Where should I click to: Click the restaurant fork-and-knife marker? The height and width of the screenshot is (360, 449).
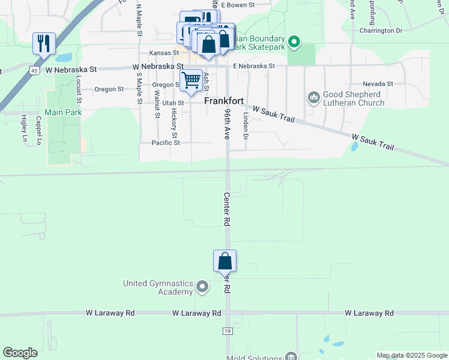click(x=44, y=44)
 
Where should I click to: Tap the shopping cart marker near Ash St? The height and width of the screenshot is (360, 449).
click(x=191, y=79)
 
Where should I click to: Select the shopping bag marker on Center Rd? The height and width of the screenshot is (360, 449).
click(x=224, y=262)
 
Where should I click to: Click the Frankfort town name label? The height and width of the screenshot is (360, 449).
click(x=223, y=101)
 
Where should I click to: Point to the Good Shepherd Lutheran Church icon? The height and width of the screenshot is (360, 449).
click(x=313, y=97)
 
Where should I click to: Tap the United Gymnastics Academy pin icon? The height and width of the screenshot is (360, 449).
click(x=202, y=287)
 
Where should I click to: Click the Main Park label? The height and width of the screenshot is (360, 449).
click(x=62, y=112)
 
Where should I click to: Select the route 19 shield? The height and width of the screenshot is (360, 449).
click(x=227, y=331)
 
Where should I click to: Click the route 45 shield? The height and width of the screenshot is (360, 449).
click(x=35, y=70)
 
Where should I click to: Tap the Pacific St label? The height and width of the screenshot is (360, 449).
click(x=166, y=143)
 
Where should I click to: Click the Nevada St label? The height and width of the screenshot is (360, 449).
click(x=378, y=84)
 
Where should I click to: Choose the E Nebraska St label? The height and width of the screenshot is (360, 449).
click(x=254, y=66)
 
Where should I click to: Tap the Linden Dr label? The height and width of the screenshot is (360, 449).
click(x=245, y=126)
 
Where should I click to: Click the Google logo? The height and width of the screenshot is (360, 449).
click(x=20, y=353)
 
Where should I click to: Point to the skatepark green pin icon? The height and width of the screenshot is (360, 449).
click(x=294, y=42)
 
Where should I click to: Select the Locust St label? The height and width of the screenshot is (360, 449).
click(x=79, y=87)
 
